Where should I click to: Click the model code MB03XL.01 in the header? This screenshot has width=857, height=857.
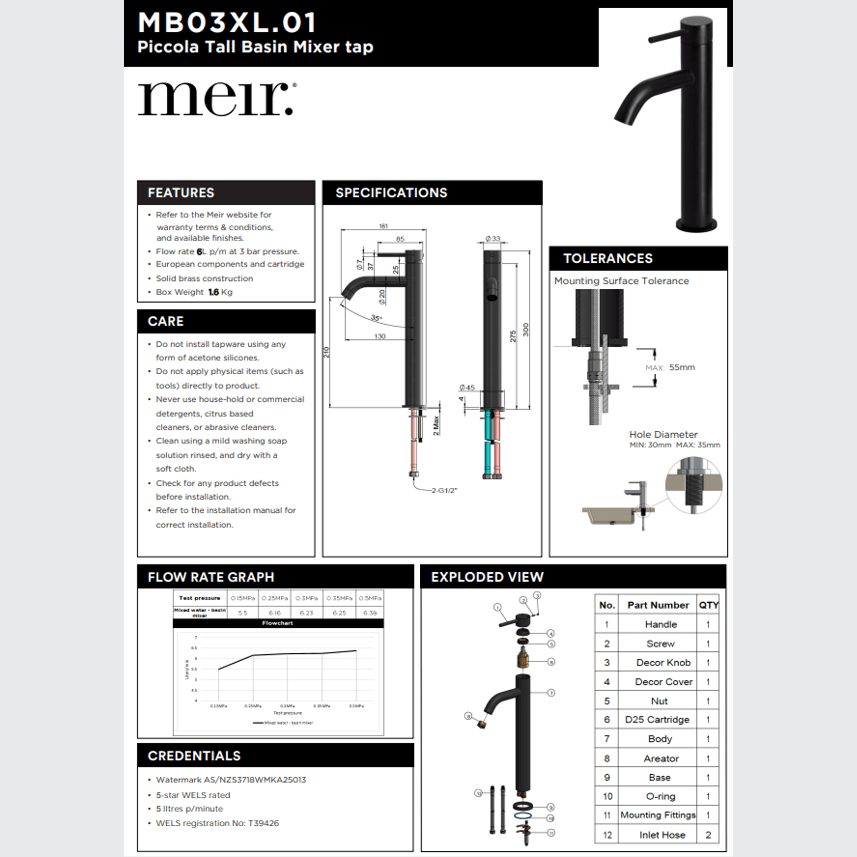click(228, 23)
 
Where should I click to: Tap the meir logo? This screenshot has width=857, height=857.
click(217, 98)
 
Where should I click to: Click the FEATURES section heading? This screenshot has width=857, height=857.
click(181, 193)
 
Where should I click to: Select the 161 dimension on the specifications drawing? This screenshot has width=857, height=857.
click(384, 226)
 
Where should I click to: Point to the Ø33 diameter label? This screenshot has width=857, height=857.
click(493, 239)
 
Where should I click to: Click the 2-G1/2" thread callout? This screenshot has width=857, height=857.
click(444, 490)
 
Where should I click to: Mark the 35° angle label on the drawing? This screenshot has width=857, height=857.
click(376, 318)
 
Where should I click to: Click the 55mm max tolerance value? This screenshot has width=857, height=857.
click(682, 367)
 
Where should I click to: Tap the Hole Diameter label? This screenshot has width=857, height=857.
click(663, 434)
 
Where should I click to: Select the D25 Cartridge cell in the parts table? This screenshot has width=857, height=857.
click(657, 720)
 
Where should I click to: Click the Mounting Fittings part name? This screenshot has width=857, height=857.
click(658, 815)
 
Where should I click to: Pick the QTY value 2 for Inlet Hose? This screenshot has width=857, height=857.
click(708, 835)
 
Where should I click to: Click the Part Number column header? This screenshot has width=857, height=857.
click(658, 605)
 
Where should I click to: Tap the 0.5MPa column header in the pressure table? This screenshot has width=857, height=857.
click(370, 598)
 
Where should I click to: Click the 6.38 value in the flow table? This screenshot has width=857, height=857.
click(370, 613)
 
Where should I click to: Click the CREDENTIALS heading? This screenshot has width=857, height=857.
click(194, 756)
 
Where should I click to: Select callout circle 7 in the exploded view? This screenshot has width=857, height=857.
click(551, 693)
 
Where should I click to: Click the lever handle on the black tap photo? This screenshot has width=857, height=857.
click(665, 37)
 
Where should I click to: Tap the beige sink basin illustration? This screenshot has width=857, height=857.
click(608, 515)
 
